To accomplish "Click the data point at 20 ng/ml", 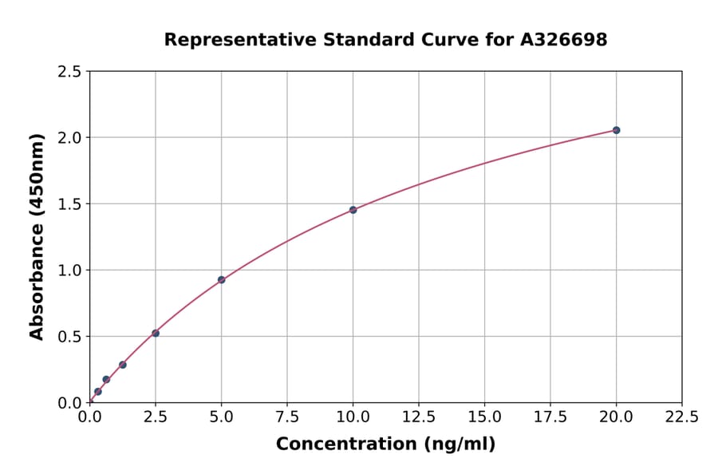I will pos(616,130).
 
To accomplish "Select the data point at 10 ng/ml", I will pos(353,210).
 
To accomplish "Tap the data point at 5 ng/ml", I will pos(221,280).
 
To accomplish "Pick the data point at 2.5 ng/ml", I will pos(156,333).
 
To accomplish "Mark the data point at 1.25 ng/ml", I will pos(123,365).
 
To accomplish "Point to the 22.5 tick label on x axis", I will pos(681,417).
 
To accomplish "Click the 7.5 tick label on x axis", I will pos(287,417).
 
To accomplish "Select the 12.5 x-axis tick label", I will pos(418,417).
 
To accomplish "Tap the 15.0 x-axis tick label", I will pos(484,417).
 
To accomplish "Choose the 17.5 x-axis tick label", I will pos(550,417).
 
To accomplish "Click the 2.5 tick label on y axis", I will pos(70,72).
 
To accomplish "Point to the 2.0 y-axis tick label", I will pos(70,138).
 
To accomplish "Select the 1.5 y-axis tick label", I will pos(70,204).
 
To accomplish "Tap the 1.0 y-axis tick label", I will pos(70,271).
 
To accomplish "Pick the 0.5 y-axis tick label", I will pos(70,337).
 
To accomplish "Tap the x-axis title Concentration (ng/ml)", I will pos(385,444).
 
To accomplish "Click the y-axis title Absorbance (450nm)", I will pos(37,237).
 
